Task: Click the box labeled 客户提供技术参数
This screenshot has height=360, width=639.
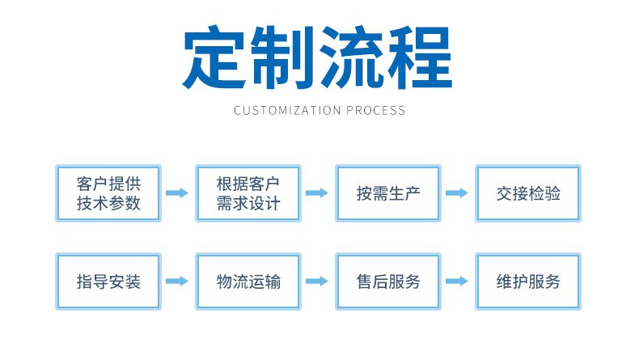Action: click(108, 193)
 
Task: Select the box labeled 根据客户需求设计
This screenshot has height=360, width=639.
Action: click(248, 193)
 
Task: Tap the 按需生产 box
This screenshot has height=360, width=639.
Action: click(388, 193)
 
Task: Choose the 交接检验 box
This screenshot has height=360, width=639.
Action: click(528, 193)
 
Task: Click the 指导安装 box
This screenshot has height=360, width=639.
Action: click(108, 282)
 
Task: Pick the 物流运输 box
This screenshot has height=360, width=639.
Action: click(248, 282)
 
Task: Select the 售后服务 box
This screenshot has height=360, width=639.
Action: click(388, 282)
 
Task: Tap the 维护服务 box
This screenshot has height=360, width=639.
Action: click(528, 282)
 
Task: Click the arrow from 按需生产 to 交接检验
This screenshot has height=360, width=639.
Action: click(458, 193)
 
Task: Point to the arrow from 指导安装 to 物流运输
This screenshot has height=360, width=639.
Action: click(178, 282)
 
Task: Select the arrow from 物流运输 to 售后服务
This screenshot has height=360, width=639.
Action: click(318, 282)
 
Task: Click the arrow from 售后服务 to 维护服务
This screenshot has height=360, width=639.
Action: click(458, 282)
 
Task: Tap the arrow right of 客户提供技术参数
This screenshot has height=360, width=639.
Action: click(178, 193)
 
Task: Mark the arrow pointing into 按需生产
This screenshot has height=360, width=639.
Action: click(318, 193)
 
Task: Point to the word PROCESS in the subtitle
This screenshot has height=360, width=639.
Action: click(375, 110)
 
